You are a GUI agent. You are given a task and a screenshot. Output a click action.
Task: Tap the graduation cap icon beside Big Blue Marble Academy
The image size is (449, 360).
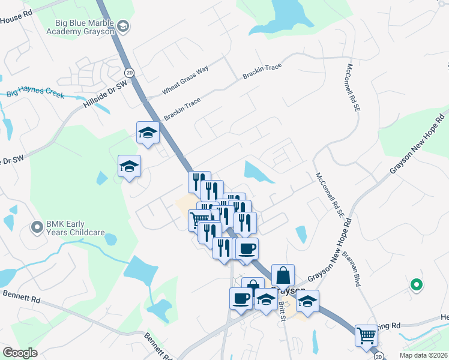click(123, 26)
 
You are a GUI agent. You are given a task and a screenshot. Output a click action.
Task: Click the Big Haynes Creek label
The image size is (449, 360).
click(35, 93)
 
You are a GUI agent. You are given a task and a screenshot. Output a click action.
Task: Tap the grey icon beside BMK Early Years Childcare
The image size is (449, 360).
click(37, 227)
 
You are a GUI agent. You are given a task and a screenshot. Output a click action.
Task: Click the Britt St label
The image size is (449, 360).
click(282, 311)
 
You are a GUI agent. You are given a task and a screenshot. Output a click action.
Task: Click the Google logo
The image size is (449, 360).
click(20, 353)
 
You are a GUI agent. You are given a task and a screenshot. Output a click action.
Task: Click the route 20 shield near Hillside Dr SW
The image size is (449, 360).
click(130, 72)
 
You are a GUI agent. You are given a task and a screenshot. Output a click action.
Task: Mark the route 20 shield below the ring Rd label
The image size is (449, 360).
click(378, 356)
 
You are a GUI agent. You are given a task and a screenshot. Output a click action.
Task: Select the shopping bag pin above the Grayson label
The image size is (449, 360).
click(283, 275)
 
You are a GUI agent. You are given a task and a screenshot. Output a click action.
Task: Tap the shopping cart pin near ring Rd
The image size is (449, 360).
click(366, 335)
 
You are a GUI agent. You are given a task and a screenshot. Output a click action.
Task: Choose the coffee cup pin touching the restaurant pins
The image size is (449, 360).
click(246, 248)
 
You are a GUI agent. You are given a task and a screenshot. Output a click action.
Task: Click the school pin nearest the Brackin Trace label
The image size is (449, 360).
click(147, 133)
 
